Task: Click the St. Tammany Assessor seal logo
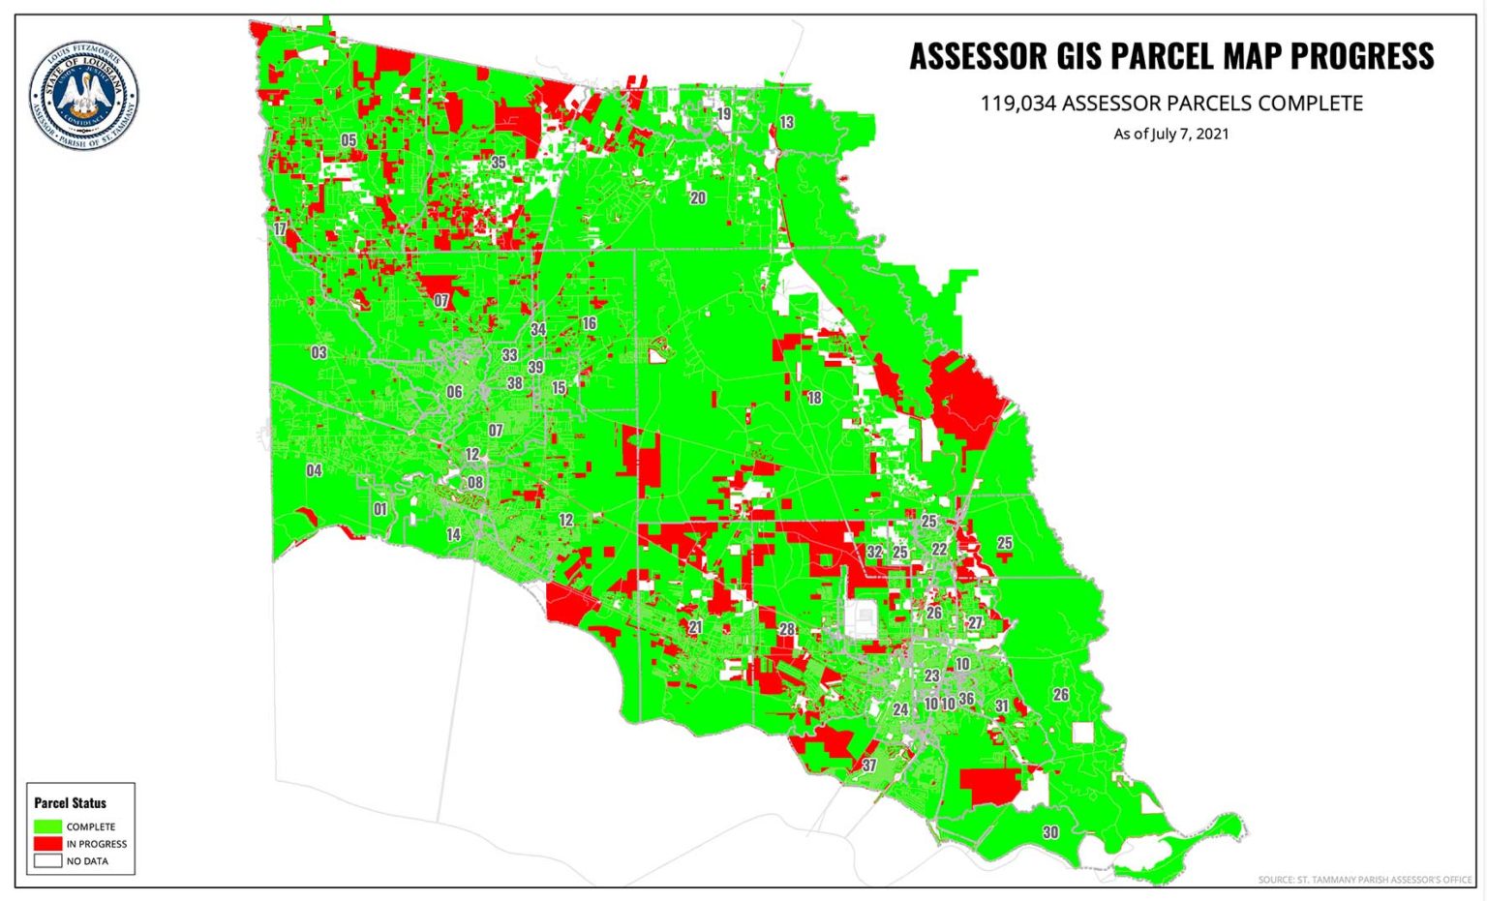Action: pos(83,95)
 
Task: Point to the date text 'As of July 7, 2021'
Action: pos(1170,134)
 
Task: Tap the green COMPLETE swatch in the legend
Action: pos(47,826)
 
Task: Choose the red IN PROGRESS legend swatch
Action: pos(47,844)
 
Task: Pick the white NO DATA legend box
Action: pos(47,860)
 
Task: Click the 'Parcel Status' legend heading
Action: pos(70,803)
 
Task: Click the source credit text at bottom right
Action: pos(1364,880)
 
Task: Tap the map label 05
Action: pos(349,140)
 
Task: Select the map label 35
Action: pos(499,163)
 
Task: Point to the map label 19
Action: pos(723,114)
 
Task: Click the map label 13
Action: pos(786,123)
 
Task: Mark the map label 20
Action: pos(697,198)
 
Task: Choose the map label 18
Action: pos(814,398)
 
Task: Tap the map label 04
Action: pos(314,470)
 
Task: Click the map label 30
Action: pos(1050,832)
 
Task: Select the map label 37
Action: pos(869,766)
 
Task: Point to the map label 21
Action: pos(695,627)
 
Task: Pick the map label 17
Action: pos(280,229)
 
